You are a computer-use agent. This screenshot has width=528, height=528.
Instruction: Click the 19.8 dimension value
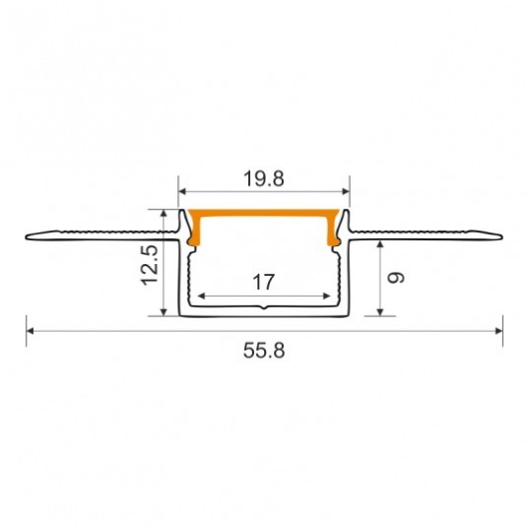pos(264,179)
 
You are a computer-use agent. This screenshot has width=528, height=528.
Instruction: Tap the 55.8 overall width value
pos(264,351)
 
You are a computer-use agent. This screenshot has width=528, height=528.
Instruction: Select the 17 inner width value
pos(263,282)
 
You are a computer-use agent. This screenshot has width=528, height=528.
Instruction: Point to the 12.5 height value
pos(149,265)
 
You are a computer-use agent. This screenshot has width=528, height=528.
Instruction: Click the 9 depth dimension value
pos(396,278)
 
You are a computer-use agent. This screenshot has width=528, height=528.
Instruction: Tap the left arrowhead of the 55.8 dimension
pos(30,331)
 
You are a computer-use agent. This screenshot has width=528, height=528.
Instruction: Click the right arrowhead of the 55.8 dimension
pos(499,331)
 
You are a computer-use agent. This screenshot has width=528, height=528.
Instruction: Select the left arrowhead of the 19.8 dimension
pos(182,192)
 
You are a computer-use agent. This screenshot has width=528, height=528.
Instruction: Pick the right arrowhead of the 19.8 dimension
pos(346,192)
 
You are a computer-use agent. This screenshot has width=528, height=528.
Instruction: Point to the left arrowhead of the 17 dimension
pos(201,297)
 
